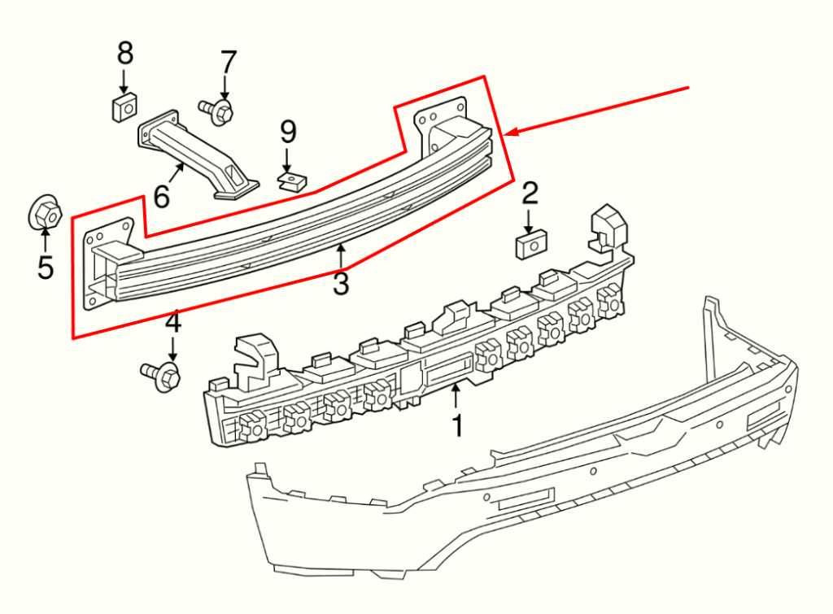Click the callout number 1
pyautogui.click(x=457, y=425)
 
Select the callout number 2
pyautogui.click(x=530, y=194)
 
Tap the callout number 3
pyautogui.click(x=341, y=284)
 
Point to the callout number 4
pyautogui.click(x=173, y=324)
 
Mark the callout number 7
pyautogui.click(x=228, y=62)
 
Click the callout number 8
pyautogui.click(x=124, y=54)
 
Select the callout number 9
pyautogui.click(x=289, y=131)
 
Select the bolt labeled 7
pyautogui.click(x=216, y=108)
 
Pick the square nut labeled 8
pyautogui.click(x=124, y=107)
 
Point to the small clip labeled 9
pyautogui.click(x=288, y=179)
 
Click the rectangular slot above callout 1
pyautogui.click(x=446, y=372)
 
